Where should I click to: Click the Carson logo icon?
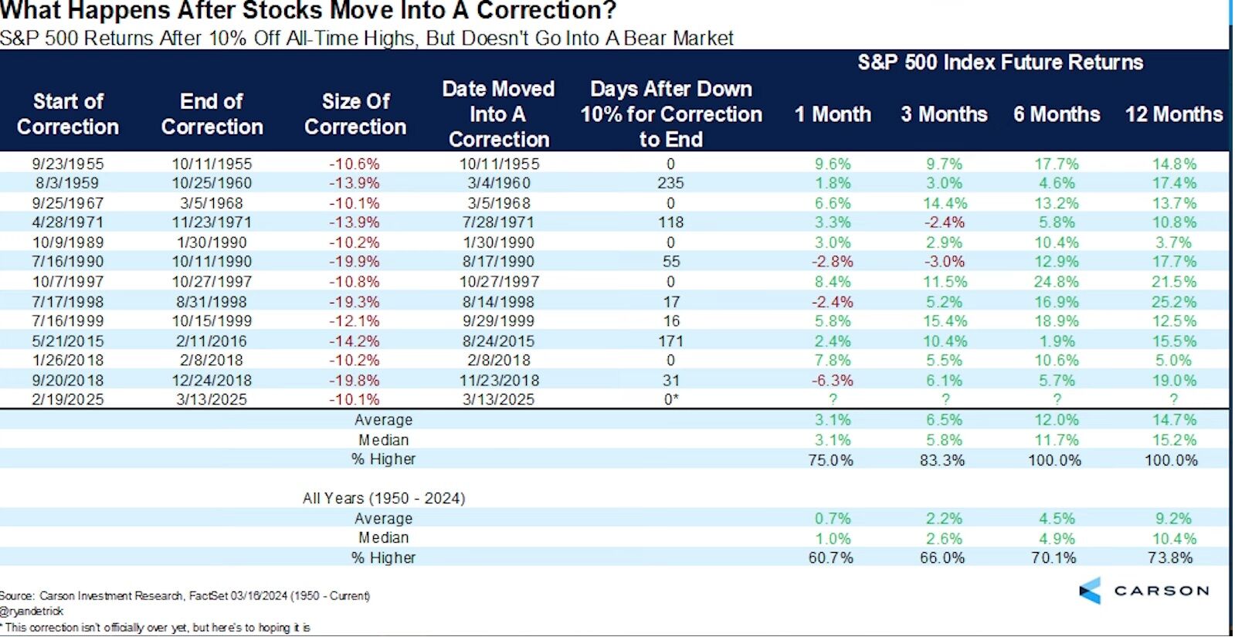(x=1090, y=591)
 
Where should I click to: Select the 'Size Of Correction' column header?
(x=355, y=114)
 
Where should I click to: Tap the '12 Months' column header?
(x=1173, y=114)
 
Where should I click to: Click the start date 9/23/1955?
(x=68, y=164)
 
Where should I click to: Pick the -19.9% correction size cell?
(x=355, y=262)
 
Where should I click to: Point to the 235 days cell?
(x=670, y=183)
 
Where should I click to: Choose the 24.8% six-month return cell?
(x=1057, y=282)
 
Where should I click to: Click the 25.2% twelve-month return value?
(x=1173, y=302)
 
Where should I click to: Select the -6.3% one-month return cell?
(x=832, y=381)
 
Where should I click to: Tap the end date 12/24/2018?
(x=212, y=381)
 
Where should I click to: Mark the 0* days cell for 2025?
(x=671, y=400)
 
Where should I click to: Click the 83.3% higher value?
(x=942, y=460)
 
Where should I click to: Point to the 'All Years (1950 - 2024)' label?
(x=384, y=498)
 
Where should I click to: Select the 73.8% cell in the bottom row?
(x=1170, y=557)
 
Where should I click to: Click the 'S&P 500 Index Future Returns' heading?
(x=1000, y=63)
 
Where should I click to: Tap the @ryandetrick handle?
(x=32, y=611)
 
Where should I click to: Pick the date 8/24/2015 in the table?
(x=498, y=341)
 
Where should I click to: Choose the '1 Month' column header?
(x=833, y=114)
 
